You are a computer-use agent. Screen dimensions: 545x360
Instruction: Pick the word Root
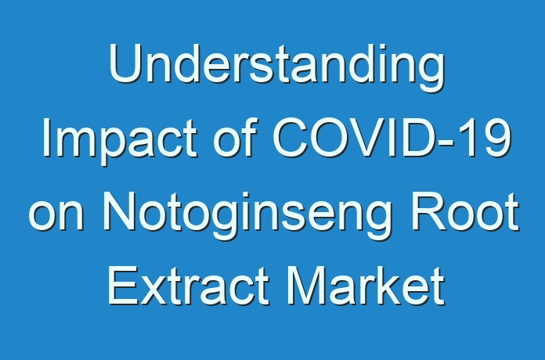tap(465, 211)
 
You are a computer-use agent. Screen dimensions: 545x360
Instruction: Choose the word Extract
tap(188, 286)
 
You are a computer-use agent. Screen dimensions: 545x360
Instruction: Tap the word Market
tap(366, 286)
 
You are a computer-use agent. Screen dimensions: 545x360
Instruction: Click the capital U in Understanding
tap(125, 63)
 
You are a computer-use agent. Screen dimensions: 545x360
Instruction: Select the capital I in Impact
tap(45, 137)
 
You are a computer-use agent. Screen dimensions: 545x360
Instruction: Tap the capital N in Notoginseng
tap(119, 211)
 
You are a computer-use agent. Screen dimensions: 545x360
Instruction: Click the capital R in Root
tap(428, 211)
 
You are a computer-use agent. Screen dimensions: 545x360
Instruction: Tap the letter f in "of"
tap(250, 137)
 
